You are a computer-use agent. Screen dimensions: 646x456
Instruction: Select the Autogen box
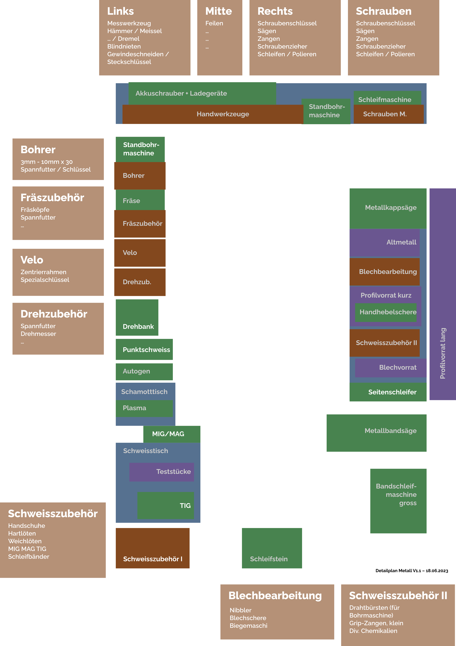pos(144,371)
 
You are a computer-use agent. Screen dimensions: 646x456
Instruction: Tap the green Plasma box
pos(144,408)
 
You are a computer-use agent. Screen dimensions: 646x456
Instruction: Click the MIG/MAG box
pos(172,434)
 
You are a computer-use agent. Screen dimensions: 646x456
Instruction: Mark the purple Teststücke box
pos(161,472)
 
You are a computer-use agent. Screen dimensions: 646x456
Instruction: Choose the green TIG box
pos(165,505)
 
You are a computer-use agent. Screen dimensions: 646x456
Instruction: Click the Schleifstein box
pos(272,548)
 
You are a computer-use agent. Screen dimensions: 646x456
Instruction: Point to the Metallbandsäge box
pos(376,433)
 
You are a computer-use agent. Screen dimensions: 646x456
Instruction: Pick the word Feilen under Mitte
pos(214,23)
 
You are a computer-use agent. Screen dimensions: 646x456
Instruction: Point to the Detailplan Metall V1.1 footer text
pos(412,571)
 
